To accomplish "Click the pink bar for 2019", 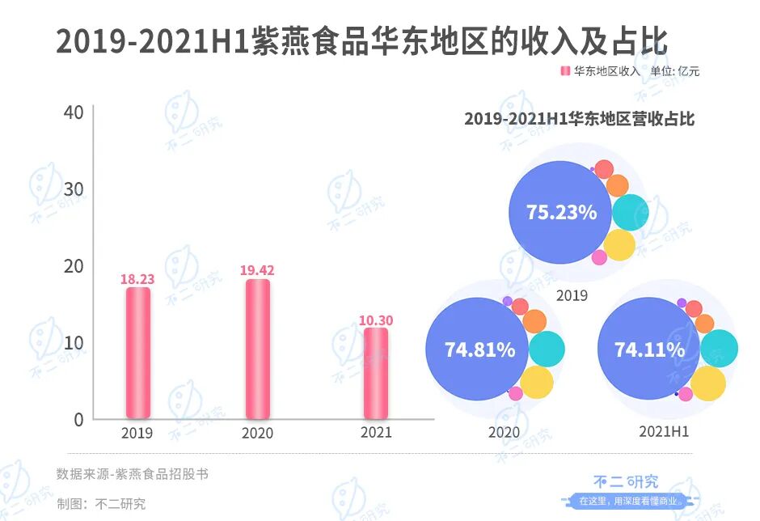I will point(137,353).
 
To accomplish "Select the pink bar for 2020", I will point(257,349).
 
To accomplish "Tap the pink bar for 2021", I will point(375,373).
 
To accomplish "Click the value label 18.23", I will point(137,279).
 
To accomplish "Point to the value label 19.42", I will point(257,271).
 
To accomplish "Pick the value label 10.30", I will point(375,320).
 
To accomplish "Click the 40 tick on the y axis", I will point(74,112).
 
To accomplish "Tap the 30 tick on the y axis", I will point(74,189).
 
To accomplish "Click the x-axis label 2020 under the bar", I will point(257,434).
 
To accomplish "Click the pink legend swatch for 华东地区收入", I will point(565,71).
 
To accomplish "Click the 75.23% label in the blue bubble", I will point(561,213).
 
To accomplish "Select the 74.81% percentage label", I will point(479,349).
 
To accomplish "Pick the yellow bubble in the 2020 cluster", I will point(536,382).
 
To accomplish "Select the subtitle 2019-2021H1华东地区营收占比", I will point(579,119).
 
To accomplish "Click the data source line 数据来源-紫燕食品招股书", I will point(133,474).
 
